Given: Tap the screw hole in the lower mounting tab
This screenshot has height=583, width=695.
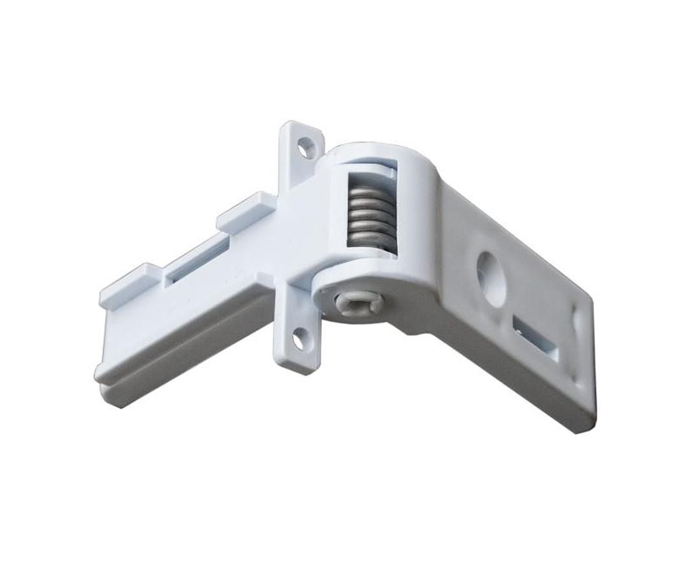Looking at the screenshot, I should (x=301, y=339).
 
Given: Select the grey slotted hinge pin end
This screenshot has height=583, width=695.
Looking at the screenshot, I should (x=358, y=302).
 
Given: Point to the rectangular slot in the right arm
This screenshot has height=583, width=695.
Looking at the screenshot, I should (x=536, y=338).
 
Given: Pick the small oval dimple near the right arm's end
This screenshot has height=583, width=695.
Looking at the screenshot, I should (x=578, y=322).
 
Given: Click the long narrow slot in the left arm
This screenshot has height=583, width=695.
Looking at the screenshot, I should (x=197, y=260).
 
